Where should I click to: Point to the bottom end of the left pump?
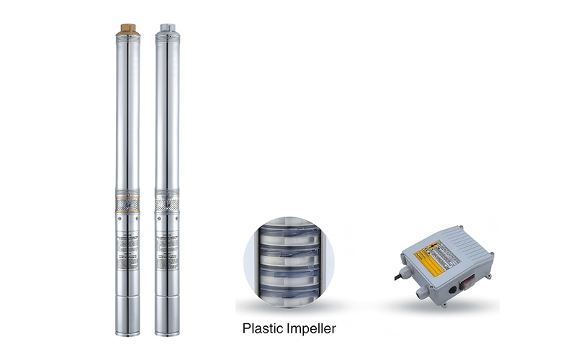point(127,331)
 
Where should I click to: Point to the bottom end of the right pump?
point(167,331)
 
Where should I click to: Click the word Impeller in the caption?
point(310,329)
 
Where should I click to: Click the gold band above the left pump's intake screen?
point(127,194)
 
